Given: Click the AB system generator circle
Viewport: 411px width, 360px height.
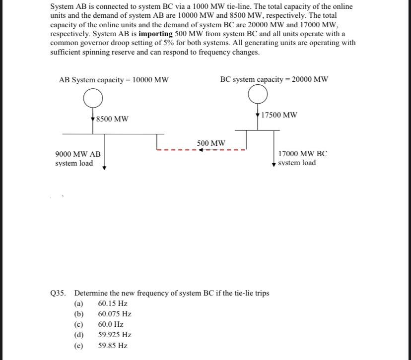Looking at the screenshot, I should [93, 99].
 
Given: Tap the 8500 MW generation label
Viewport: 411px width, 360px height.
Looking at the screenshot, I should [112, 119].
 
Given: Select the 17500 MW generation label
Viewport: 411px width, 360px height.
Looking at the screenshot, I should [279, 115].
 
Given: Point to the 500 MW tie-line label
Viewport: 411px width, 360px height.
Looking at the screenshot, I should [211, 143].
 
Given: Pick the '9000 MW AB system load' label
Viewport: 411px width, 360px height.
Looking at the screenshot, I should [78, 159].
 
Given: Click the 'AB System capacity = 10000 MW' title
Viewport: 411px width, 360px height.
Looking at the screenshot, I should [114, 80].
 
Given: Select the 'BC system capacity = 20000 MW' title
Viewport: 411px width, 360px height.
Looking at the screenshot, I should [274, 79].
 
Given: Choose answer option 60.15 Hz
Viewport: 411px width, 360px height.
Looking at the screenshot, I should [113, 303].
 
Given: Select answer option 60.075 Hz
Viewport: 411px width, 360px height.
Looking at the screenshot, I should [115, 314].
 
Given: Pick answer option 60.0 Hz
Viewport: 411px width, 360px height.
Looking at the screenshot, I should [111, 324].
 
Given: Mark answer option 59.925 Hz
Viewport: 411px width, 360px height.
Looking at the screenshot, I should [115, 335].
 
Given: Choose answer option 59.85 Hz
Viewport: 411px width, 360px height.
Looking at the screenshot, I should [113, 346].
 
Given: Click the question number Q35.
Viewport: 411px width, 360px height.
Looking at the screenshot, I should [58, 293].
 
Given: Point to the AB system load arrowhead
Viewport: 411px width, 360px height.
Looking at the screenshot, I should [104, 168].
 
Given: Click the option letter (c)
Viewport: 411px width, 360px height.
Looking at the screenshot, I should [78, 324].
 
